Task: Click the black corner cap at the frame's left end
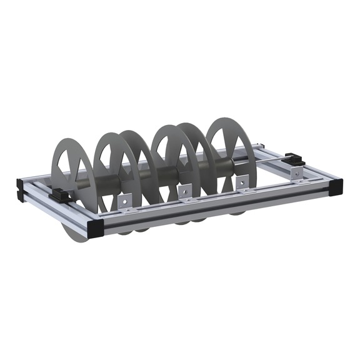(20, 187)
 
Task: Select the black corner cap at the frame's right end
(337, 186)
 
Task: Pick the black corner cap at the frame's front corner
(97, 227)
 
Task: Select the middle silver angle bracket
(184, 191)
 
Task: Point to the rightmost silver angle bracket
(241, 182)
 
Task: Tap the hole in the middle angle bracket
(185, 190)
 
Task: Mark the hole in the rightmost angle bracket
(242, 181)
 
